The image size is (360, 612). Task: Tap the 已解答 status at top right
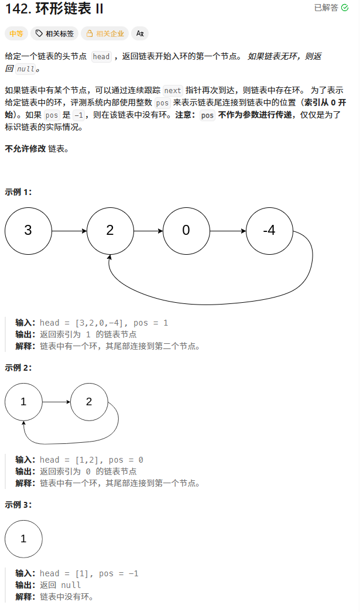[x=331, y=8]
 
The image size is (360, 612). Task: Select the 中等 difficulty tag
[x=16, y=33]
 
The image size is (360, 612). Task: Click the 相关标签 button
[x=54, y=33]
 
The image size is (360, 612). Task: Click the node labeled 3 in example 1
[x=28, y=230]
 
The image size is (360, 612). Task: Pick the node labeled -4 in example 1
[x=269, y=230]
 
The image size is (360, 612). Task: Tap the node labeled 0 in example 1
[x=186, y=230]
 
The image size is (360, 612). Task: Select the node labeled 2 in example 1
[x=110, y=230]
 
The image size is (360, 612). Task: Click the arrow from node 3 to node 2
[x=69, y=231]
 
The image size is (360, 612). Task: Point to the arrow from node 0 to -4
[x=228, y=231]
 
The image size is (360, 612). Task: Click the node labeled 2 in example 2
[x=89, y=402]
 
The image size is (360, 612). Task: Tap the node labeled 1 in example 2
[x=23, y=402]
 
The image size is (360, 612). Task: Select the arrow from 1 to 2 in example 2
[x=56, y=402]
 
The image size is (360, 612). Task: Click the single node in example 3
[x=23, y=539]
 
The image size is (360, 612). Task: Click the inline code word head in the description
[x=101, y=57]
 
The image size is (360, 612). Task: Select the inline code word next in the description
[x=173, y=90]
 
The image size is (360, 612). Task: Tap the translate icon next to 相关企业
[x=139, y=33]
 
